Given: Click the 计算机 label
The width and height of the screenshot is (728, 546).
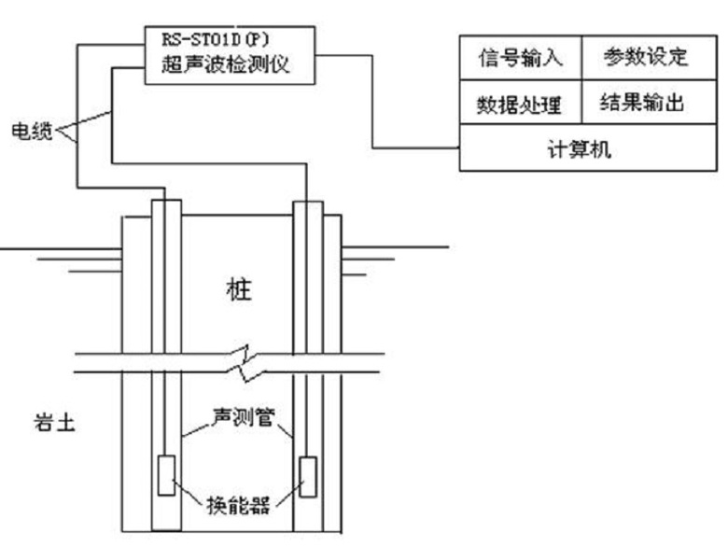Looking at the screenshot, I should point(580,150).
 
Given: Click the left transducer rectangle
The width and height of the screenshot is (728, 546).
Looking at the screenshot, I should point(164,476).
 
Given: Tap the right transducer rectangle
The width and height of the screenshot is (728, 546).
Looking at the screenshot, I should point(307,476).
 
